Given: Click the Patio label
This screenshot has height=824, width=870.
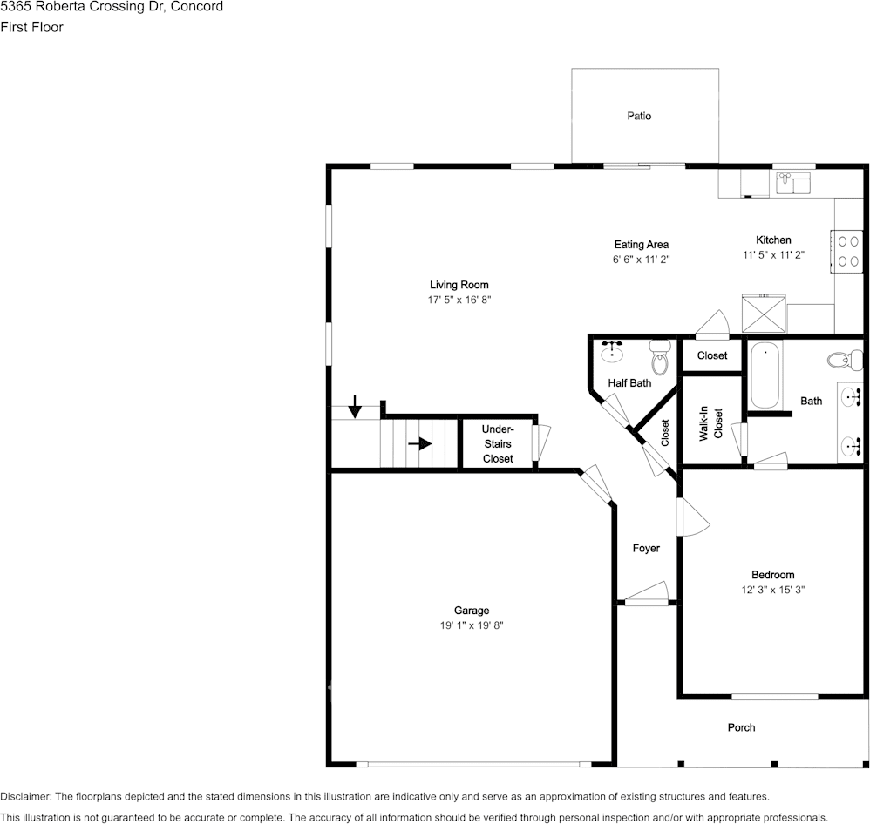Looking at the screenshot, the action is (639, 116).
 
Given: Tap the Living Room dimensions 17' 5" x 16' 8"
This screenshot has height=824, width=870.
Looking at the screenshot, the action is (459, 300).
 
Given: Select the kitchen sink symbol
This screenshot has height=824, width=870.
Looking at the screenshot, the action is (793, 183).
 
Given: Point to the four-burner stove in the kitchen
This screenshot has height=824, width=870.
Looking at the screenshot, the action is (846, 251).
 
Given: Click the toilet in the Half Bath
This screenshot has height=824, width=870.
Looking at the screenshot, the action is (660, 358).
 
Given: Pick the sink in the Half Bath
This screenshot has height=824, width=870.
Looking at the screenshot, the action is (611, 352).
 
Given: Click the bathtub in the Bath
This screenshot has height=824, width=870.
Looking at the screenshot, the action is (765, 375).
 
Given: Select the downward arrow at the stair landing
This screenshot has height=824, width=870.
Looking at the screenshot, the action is (355, 407).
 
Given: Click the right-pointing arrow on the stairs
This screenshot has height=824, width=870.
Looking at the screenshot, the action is (420, 443).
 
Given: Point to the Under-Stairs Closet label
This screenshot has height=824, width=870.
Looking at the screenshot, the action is (498, 443).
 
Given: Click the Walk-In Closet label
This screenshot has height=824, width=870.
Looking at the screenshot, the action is (710, 423).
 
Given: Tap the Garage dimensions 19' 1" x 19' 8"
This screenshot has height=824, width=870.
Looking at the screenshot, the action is (472, 625).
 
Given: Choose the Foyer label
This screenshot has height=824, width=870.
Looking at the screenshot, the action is (646, 549).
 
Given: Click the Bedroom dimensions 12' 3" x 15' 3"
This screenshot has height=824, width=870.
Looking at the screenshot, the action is (773, 590).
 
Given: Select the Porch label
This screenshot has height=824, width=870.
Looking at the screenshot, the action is (741, 727).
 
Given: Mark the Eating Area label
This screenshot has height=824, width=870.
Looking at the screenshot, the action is (642, 245).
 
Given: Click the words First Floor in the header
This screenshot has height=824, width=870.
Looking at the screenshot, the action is (31, 27).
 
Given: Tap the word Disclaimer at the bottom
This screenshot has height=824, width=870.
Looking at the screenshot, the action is (25, 797).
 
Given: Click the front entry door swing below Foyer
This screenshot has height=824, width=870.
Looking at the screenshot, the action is (646, 593).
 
